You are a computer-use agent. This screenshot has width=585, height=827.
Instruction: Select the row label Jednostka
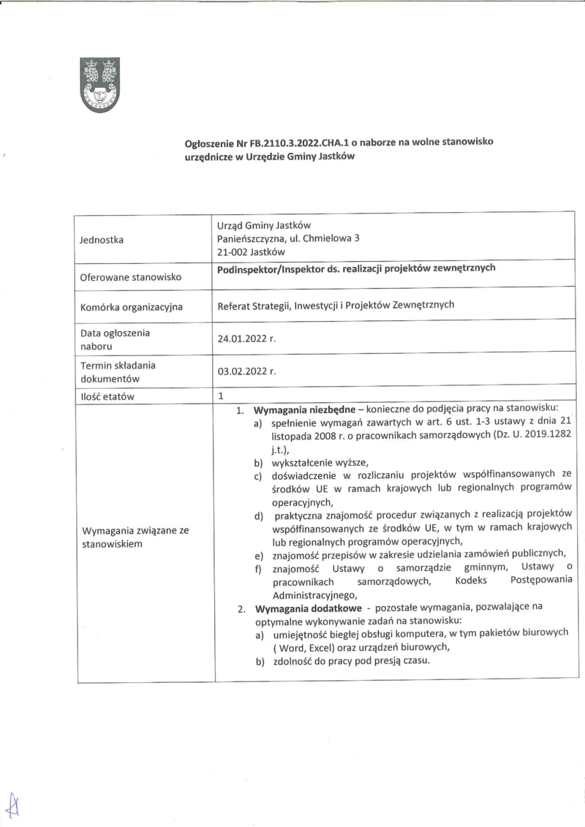[102, 239]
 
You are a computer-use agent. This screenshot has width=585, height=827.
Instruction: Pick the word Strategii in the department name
[269, 305]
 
